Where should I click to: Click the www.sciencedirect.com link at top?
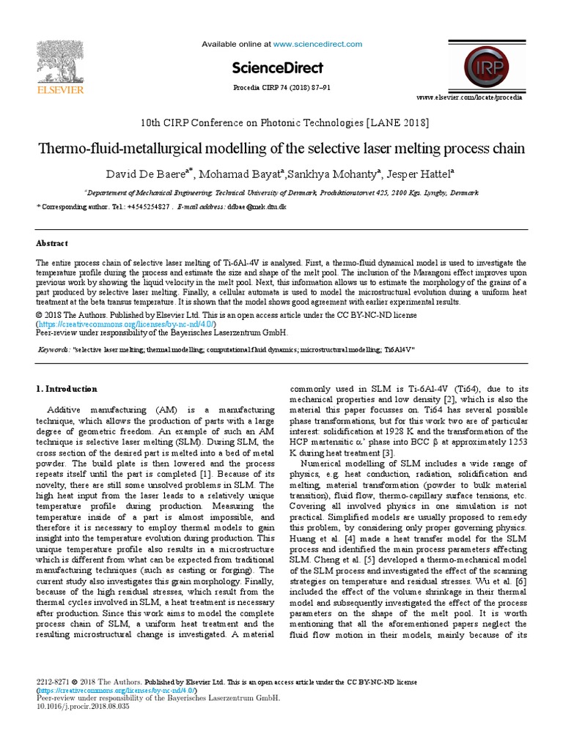point(318,45)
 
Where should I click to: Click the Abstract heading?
point(52,244)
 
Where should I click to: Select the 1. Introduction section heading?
point(67,389)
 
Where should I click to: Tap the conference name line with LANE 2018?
point(281,122)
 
